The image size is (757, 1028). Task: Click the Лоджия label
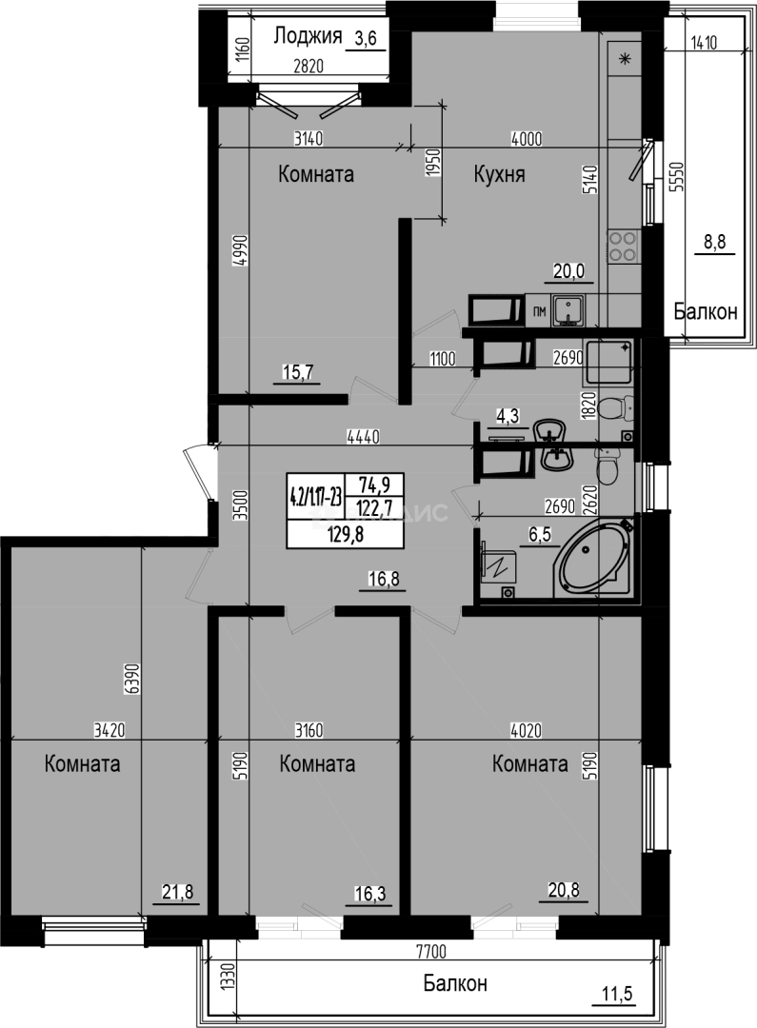[308, 37]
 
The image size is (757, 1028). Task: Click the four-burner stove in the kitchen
[623, 247]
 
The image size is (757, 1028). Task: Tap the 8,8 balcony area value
[714, 243]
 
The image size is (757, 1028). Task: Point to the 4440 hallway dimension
[363, 437]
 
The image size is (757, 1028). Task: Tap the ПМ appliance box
[539, 311]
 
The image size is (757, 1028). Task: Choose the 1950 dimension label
[431, 164]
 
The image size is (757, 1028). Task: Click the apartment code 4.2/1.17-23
[316, 495]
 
